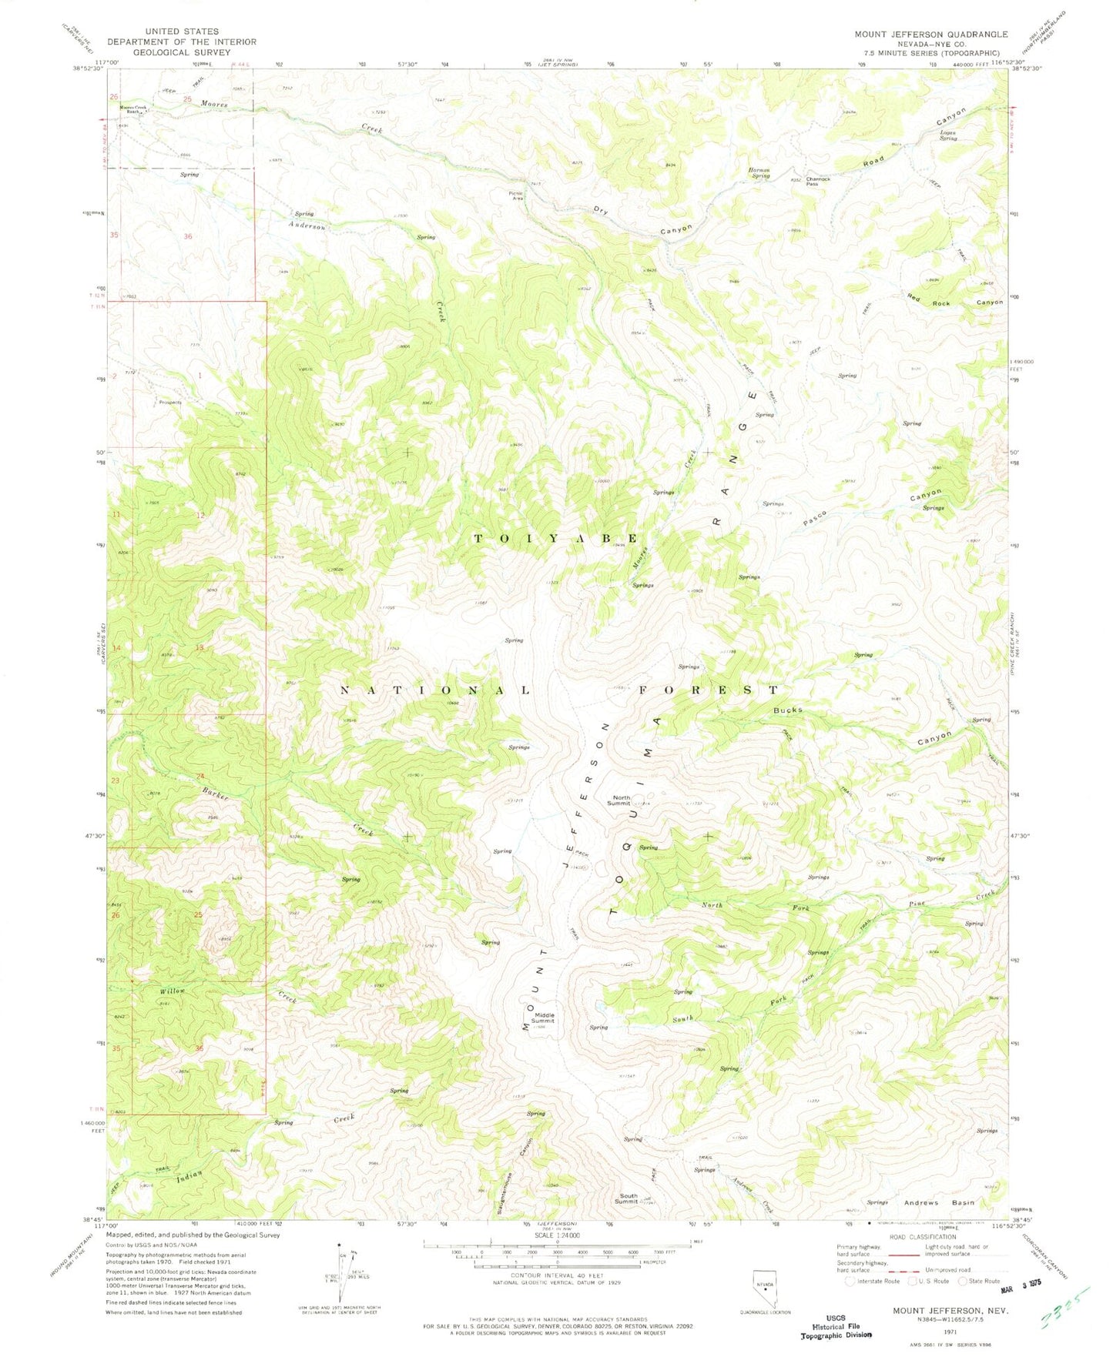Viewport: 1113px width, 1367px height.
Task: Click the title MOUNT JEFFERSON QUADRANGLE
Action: (930, 34)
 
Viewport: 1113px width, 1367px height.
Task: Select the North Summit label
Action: (622, 800)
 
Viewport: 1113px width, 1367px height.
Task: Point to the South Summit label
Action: (625, 1198)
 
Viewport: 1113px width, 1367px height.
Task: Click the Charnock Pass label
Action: (818, 181)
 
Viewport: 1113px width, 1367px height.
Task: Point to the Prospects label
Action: (169, 402)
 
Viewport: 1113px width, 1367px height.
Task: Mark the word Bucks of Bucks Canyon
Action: (788, 710)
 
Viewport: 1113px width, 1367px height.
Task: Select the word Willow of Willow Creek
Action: (173, 991)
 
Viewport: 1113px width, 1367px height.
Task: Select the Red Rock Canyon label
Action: (954, 300)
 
